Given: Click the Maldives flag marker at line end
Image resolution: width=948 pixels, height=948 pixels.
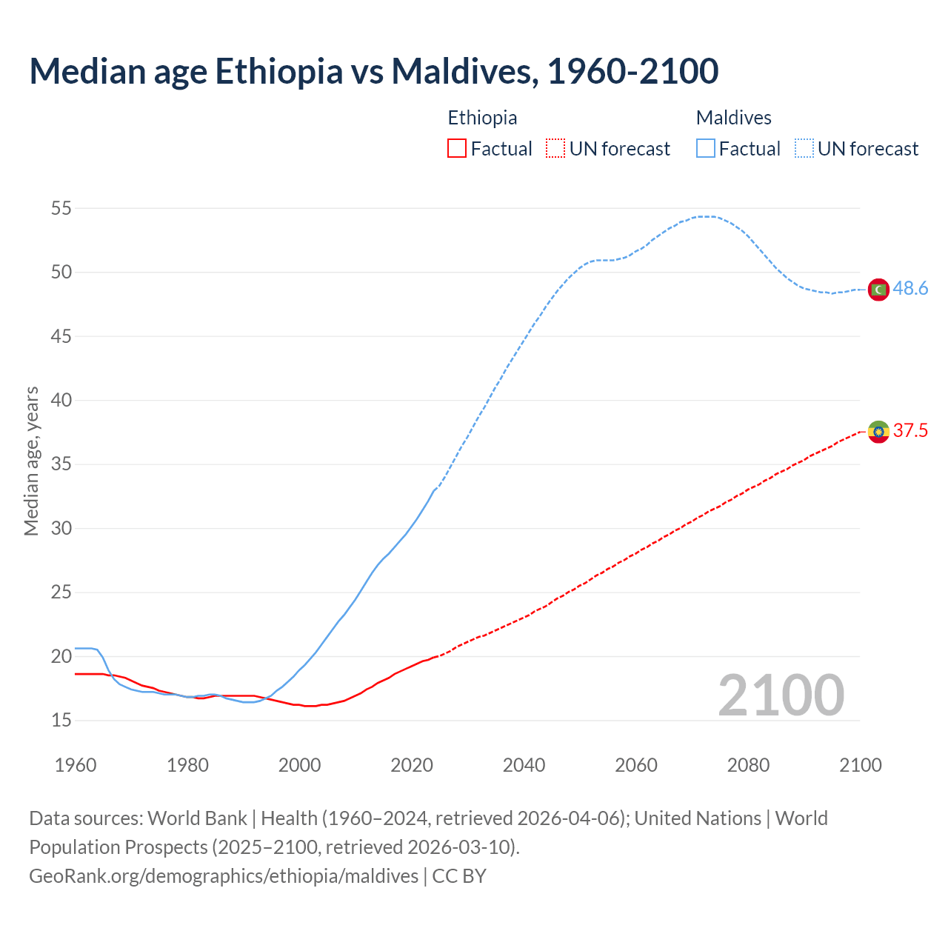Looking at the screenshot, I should [878, 289].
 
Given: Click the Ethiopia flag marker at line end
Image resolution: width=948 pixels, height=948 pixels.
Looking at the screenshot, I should [878, 431].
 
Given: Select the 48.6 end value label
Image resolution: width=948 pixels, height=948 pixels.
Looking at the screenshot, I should [910, 289].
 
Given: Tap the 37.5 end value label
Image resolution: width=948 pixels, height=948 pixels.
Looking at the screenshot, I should [910, 431].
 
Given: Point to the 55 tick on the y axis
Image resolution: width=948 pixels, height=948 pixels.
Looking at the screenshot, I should [61, 209].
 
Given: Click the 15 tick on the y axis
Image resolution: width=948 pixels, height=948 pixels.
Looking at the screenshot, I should [61, 720].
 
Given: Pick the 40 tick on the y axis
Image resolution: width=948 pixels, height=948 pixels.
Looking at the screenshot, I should [61, 401].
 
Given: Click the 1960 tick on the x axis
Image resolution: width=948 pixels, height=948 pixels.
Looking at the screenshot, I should [76, 765].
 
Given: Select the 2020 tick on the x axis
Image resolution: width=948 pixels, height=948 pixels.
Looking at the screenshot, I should [412, 765].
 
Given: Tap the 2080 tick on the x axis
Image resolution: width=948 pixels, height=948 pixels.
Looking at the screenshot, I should [748, 765].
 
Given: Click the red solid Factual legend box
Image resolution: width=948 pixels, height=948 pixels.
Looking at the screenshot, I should [457, 149].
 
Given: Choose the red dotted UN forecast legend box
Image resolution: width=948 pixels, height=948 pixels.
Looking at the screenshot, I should [555, 149].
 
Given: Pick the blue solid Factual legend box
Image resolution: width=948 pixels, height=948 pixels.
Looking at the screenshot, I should [705, 149].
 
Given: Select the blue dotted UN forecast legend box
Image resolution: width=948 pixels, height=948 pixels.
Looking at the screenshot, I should [804, 149].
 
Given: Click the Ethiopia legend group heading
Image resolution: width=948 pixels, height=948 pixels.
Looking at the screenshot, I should [482, 118].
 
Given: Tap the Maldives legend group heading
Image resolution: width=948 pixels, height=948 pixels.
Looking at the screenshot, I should [733, 118].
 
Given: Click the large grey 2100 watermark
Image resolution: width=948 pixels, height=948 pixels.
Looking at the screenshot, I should [781, 695].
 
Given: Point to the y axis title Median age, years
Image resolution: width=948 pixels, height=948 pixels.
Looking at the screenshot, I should [31, 461].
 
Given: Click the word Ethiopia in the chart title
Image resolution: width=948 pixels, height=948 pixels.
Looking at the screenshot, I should [279, 71].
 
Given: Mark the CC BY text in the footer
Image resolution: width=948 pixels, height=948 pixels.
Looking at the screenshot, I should [459, 876].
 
